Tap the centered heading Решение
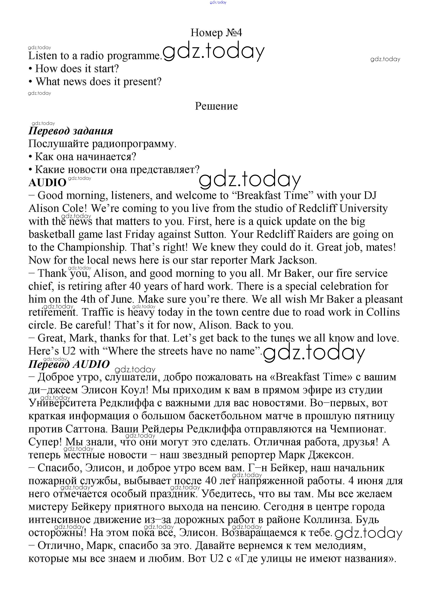[216, 106]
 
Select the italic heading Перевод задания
[71, 131]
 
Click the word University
[363, 209]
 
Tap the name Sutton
[210, 234]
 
